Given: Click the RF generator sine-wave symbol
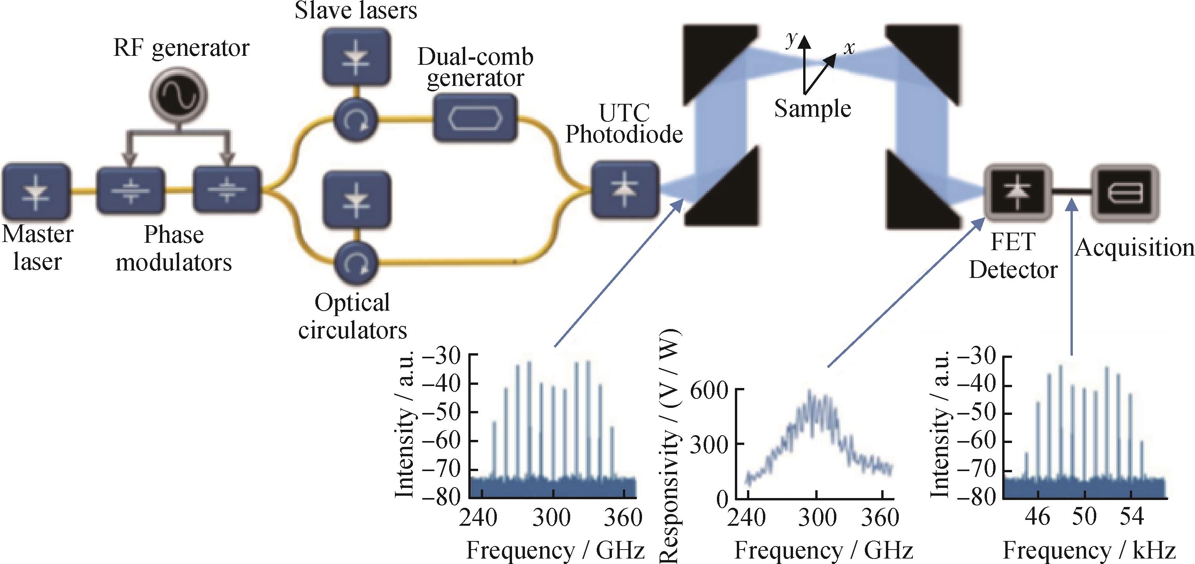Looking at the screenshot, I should pyautogui.click(x=178, y=96).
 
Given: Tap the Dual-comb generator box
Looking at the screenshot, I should pyautogui.click(x=475, y=118).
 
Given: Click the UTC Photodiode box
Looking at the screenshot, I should pyautogui.click(x=625, y=189).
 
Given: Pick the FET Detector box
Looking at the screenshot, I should pyautogui.click(x=1018, y=191).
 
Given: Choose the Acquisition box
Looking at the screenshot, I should pyautogui.click(x=1124, y=192).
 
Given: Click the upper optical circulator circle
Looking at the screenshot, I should pyautogui.click(x=356, y=120).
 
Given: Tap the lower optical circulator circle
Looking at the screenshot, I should pyautogui.click(x=356, y=263).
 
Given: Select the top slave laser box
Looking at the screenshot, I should pyautogui.click(x=356, y=57).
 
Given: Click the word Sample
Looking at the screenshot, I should pyautogui.click(x=812, y=109).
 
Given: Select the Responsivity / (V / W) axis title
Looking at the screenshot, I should pyautogui.click(x=669, y=445).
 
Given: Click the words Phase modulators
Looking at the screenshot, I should pyautogui.click(x=174, y=249).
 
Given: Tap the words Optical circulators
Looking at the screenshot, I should pyautogui.click(x=352, y=316).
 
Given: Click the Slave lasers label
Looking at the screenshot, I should pyautogui.click(x=356, y=10).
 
